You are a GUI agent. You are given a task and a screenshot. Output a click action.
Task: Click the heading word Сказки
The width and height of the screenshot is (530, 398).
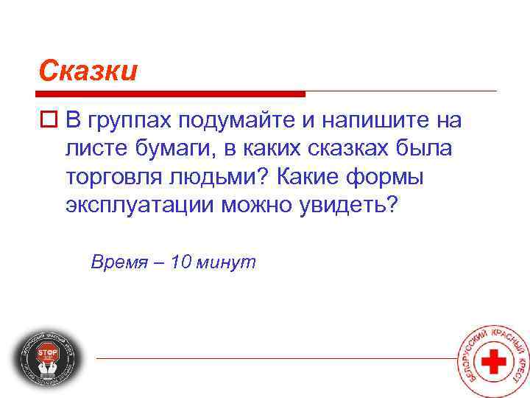pos(88,71)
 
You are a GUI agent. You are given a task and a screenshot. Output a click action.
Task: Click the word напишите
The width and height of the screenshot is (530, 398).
pos(389,120)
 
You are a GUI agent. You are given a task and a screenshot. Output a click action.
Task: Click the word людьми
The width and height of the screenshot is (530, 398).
pos(220,177)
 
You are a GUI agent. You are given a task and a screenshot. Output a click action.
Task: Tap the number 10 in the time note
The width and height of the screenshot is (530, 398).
pos(180,262)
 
